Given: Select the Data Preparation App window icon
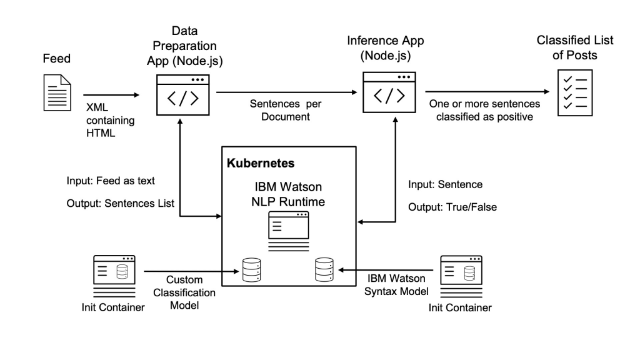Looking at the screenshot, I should coord(181,93).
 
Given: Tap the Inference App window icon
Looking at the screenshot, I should coord(388,91).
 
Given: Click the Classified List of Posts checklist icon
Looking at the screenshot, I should coord(571,92).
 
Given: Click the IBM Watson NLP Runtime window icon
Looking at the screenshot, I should coord(288,229).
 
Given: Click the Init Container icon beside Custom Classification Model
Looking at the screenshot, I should coord(114,274).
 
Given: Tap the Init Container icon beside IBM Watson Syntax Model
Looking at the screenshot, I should coord(462,275).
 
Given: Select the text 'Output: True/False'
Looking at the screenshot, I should coord(452,207).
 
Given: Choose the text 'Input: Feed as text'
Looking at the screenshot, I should coord(110,181).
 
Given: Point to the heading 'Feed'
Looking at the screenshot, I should coord(56,59).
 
